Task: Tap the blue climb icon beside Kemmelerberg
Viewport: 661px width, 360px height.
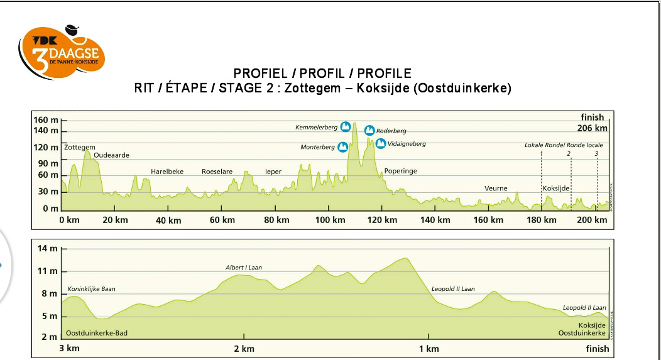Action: coord(345,127)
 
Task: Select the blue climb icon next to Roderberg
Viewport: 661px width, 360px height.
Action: coord(369,130)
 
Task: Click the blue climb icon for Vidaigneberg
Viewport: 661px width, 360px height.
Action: coord(381,143)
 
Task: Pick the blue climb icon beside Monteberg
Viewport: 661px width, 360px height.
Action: coord(342,147)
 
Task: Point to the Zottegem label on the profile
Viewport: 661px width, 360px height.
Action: coord(80,147)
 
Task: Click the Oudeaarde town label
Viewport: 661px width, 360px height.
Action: coord(111,155)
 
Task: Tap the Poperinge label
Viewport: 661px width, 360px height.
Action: coord(400,171)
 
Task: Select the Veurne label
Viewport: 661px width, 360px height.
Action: coord(496,188)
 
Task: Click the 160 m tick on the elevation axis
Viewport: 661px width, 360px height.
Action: coord(46,120)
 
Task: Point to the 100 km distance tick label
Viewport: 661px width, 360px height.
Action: coord(330,220)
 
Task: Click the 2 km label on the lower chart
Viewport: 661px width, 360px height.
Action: coord(244,349)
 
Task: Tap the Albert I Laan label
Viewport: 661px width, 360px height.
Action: coord(244,268)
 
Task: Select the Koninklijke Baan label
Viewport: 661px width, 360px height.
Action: coord(92,289)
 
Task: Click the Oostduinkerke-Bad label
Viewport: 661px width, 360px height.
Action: coord(96,333)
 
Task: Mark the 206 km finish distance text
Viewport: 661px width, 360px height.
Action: coord(593,128)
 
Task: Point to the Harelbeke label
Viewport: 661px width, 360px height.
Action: coord(167,172)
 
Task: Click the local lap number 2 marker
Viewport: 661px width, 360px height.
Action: coord(569,153)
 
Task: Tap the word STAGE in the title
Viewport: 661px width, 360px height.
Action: coord(238,88)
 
